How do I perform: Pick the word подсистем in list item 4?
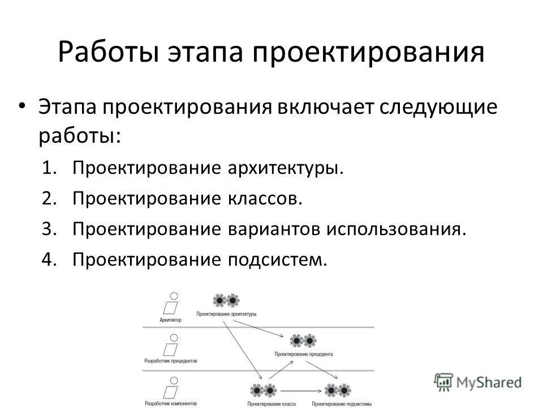[277, 260]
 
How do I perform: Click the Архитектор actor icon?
[171, 304]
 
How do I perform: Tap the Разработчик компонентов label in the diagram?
[171, 403]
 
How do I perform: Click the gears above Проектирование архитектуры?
[226, 300]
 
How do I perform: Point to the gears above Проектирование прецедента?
[303, 341]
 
